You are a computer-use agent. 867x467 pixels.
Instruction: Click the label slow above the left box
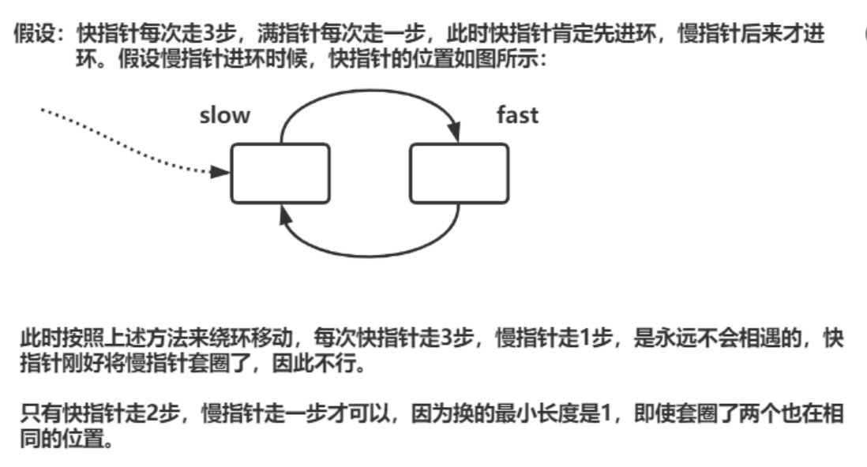click(224, 116)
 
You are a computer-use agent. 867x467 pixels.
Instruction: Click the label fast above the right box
click(517, 115)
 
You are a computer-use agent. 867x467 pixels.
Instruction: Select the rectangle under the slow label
click(280, 173)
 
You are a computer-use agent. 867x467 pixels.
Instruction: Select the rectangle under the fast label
click(459, 173)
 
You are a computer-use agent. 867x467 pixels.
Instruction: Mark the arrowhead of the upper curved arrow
click(456, 134)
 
